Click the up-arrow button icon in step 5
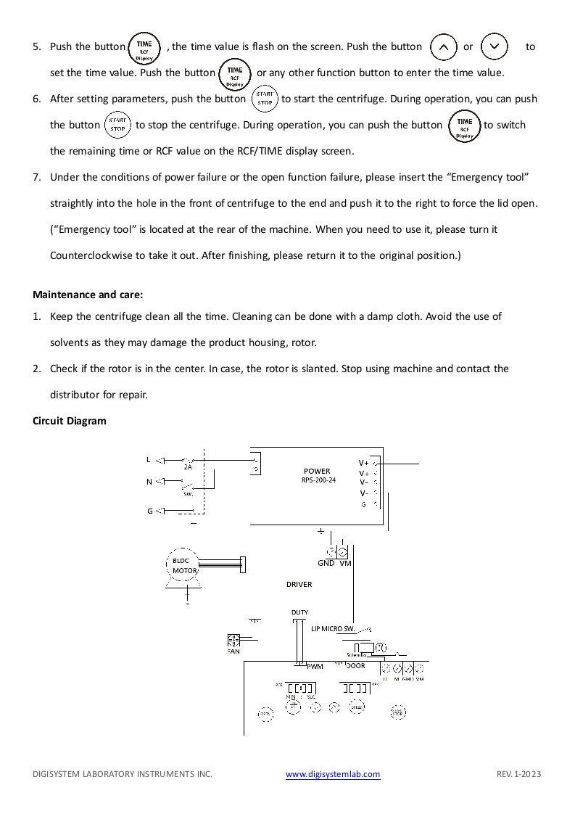[x=444, y=47]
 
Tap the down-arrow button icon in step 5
[x=495, y=47]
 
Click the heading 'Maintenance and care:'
[x=88, y=295]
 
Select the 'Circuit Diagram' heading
[x=70, y=421]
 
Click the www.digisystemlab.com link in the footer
[x=333, y=774]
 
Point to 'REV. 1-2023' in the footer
[x=518, y=774]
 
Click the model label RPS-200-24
[x=319, y=480]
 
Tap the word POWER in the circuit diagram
[x=317, y=471]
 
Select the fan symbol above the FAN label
[x=233, y=639]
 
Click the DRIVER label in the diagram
[x=299, y=584]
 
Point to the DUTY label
[x=299, y=612]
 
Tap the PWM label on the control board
[x=315, y=666]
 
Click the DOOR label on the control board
[x=356, y=665]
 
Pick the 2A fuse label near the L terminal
[x=188, y=467]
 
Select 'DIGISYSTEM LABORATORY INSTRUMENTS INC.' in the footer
[x=123, y=774]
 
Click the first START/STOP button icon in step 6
[x=264, y=99]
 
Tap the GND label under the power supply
[x=326, y=563]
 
